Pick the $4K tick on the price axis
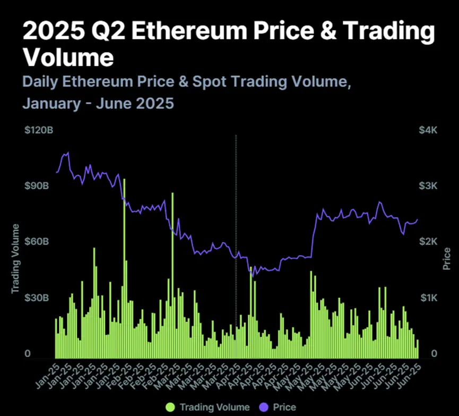click(428, 131)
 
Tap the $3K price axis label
click(428, 186)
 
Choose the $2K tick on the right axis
click(428, 242)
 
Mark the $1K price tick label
click(428, 298)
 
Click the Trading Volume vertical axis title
click(16, 259)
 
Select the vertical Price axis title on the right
click(447, 258)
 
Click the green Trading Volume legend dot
click(170, 407)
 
